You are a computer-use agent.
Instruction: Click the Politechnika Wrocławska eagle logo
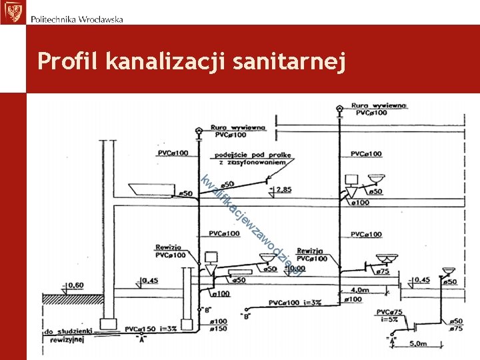click(12, 12)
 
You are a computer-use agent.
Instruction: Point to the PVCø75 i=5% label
click(391, 315)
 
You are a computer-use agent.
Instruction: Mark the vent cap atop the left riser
click(197, 132)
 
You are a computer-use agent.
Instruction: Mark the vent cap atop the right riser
click(339, 107)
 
